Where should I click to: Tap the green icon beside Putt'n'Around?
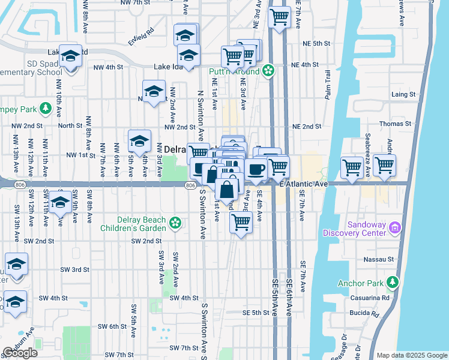coord(268,71)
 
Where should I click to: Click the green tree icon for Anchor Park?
coord(393,281)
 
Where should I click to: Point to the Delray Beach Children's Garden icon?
coord(175,223)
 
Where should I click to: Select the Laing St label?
coord(403,95)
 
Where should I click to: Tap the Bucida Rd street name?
coord(366,314)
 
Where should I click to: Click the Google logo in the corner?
coord(20,353)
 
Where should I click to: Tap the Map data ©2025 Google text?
coord(412,356)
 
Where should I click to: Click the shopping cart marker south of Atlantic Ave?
coord(241,222)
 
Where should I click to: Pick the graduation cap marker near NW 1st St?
coord(140,141)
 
